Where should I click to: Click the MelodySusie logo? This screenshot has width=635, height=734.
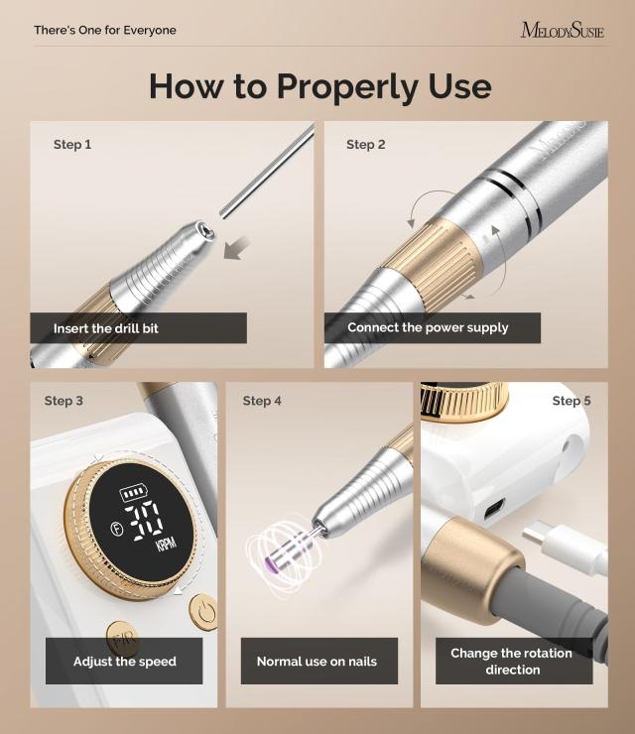point(562,30)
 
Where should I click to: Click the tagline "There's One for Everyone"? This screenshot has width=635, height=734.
point(105,30)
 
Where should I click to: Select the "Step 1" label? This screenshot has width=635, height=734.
point(72,145)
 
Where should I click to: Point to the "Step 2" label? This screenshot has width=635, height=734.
point(366,145)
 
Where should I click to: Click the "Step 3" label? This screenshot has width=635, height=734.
point(63,401)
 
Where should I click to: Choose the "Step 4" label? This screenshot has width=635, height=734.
point(262,401)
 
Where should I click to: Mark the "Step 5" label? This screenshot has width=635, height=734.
point(571,401)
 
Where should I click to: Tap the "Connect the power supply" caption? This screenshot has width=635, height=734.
point(428,327)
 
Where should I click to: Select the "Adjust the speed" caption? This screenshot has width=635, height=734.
point(125,661)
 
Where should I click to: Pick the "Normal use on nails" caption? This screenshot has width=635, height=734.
point(317,661)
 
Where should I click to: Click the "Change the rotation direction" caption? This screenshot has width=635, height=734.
point(513,661)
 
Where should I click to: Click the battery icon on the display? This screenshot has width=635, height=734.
point(131,493)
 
